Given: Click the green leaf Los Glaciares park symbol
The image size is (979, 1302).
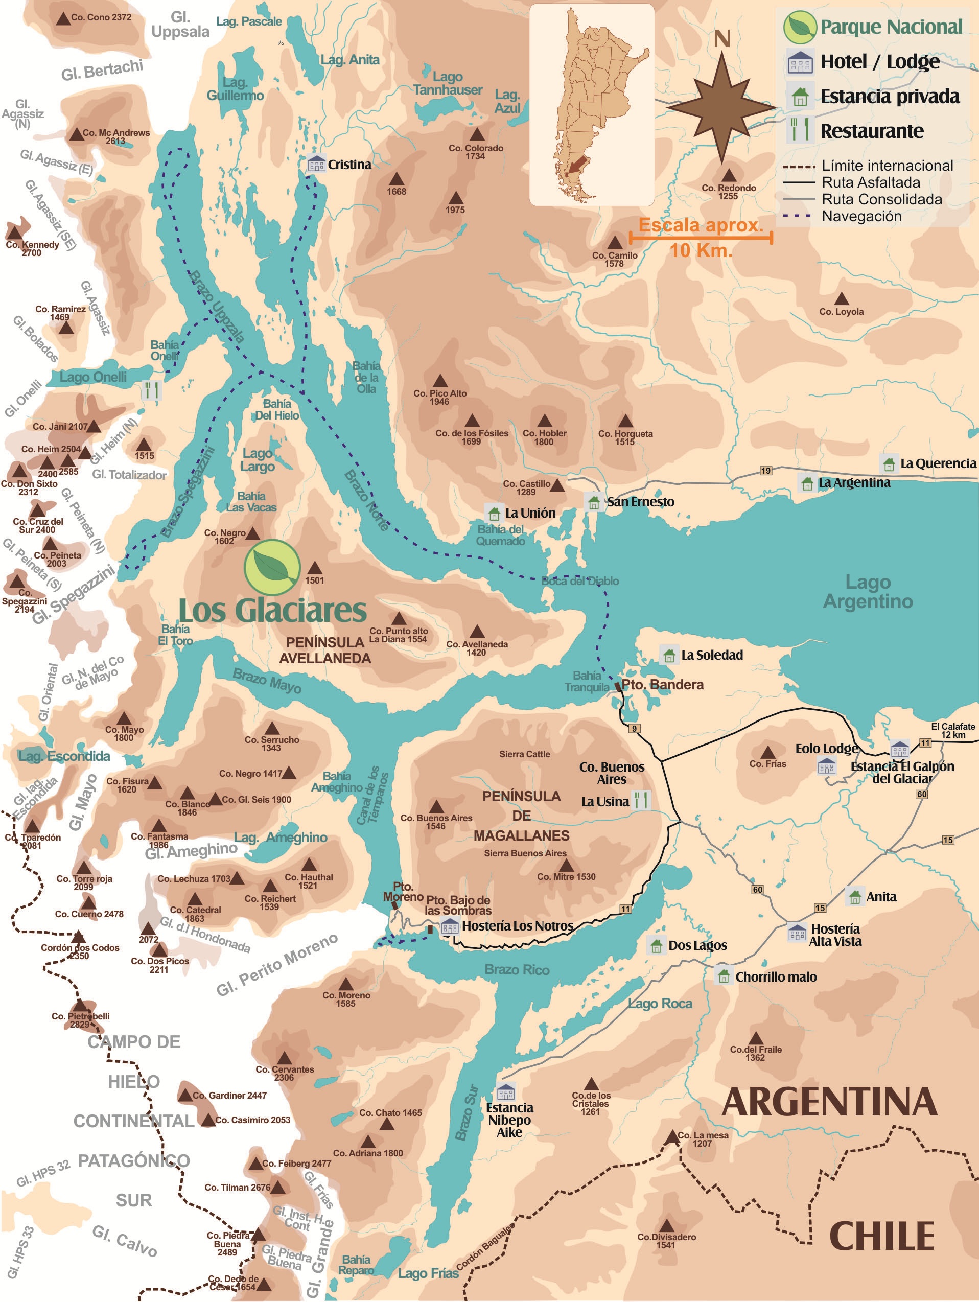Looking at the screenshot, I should click(x=272, y=567).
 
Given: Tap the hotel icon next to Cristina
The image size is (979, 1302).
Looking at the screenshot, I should click(x=316, y=164).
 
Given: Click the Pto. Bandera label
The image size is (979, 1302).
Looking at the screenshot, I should click(x=662, y=684).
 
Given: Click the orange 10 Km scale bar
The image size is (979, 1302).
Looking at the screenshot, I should click(x=701, y=238).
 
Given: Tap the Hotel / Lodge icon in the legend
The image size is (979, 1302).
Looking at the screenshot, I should click(x=800, y=62).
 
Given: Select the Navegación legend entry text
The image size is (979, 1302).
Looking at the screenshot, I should click(x=861, y=216).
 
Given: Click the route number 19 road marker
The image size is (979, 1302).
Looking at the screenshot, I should click(x=765, y=470).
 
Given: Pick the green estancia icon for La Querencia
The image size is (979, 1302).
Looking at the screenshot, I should click(x=889, y=464).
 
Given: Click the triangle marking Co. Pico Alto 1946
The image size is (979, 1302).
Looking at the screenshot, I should click(x=440, y=381).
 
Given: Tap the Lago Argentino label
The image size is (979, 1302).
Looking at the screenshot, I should click(x=868, y=591).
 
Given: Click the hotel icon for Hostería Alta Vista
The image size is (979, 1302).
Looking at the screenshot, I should click(x=797, y=933).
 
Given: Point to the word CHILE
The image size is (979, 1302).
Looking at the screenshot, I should click(x=881, y=1236).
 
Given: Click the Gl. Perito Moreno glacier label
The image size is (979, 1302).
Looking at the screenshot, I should click(x=277, y=965).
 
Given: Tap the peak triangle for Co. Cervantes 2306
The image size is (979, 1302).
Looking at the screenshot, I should click(x=284, y=1058).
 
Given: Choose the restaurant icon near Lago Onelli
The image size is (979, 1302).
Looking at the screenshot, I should click(x=152, y=390).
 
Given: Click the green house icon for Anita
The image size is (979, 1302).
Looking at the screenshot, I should click(x=854, y=896).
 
